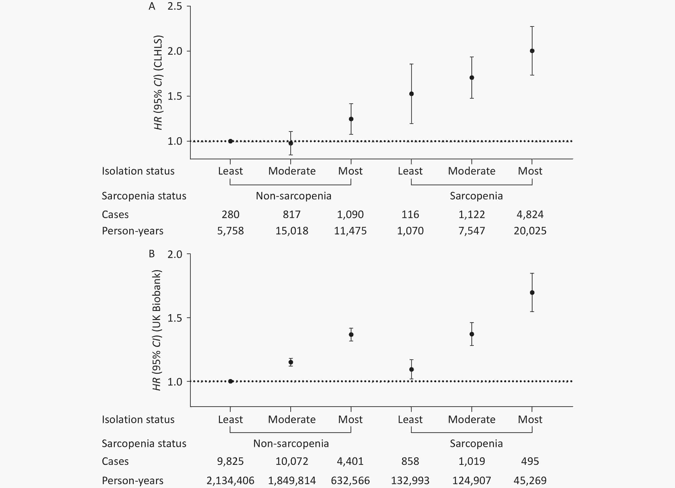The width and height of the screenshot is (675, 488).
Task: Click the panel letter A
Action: pos(152,6)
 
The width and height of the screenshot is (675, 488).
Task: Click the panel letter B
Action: pos(152,254)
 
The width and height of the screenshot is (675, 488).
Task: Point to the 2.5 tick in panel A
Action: pos(175,6)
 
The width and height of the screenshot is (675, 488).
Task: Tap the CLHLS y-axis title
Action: pos(158,83)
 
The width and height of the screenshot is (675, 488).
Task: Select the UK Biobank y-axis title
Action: pos(157,330)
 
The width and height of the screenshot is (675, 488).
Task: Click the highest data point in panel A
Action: pos(532,51)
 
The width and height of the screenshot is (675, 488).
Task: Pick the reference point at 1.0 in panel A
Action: pos(230,141)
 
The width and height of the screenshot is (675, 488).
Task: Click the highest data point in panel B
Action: pos(532,293)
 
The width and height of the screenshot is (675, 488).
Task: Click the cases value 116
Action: pos(410,214)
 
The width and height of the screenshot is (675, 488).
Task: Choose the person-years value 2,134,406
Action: pos(230,480)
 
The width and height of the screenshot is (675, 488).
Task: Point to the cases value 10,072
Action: pos(292,461)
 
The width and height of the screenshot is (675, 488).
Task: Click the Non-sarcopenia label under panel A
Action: pos(293,196)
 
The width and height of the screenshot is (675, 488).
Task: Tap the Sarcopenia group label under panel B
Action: pos(476,444)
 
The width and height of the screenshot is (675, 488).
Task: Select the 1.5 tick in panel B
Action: pos(175,318)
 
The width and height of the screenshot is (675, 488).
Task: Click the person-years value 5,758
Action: pos(230,231)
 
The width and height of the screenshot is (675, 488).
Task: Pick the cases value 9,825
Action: pos(230,461)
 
